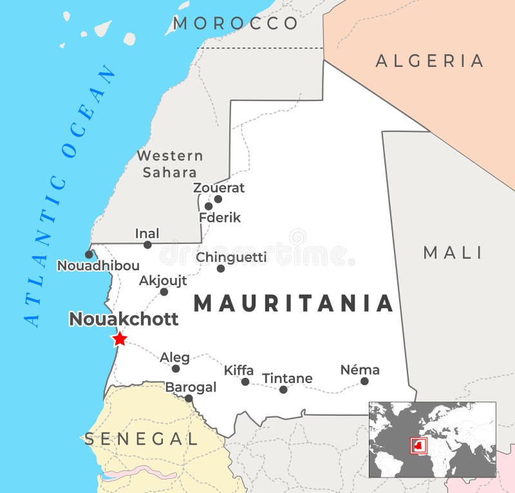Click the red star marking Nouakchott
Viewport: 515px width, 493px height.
point(120,339)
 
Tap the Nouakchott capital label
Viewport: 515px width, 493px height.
point(123,319)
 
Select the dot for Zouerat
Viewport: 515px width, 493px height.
point(218,199)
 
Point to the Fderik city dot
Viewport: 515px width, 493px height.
point(209,207)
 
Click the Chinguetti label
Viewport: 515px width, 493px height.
point(231,257)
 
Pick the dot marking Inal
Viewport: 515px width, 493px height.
point(147,245)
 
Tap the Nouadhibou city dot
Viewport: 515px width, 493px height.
point(89,255)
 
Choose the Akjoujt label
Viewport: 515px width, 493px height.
point(163,281)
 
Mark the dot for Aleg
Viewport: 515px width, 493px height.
point(176,369)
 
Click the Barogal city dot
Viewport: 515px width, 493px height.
point(189,398)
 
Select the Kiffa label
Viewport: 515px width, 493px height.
point(238,370)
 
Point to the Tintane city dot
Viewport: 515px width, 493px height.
point(283,389)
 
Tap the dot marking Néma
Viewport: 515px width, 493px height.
point(364,381)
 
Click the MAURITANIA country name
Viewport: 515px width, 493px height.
point(294,303)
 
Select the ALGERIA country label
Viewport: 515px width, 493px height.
point(429,61)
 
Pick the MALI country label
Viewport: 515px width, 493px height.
point(453,253)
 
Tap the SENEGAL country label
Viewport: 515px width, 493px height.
point(142,439)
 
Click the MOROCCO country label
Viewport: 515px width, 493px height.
point(235,24)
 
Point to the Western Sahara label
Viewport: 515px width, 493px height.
point(170,163)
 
